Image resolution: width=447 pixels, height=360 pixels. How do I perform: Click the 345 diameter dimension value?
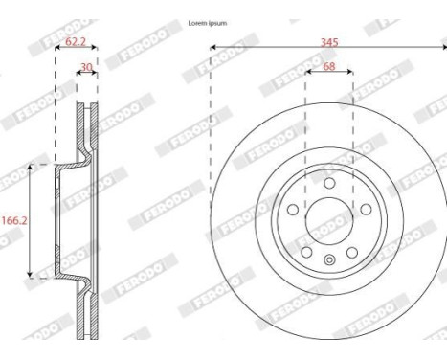coord(329,43)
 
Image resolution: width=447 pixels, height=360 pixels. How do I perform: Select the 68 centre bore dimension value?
coord(329,68)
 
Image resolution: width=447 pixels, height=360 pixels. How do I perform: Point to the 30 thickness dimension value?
coord(87,68)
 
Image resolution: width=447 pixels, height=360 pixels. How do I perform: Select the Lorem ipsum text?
coord(207,22)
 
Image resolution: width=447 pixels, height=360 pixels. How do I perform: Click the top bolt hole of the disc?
coord(328,184)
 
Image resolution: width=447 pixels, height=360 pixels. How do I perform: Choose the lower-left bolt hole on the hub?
coord(306,251)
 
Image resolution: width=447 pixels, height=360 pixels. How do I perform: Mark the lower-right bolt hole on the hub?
coord(351,251)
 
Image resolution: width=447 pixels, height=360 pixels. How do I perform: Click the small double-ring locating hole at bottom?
coord(328,260)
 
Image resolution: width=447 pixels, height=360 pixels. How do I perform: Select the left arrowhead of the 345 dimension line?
coord(211,48)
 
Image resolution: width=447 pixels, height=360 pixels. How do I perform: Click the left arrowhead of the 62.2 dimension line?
coord(57,48)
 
